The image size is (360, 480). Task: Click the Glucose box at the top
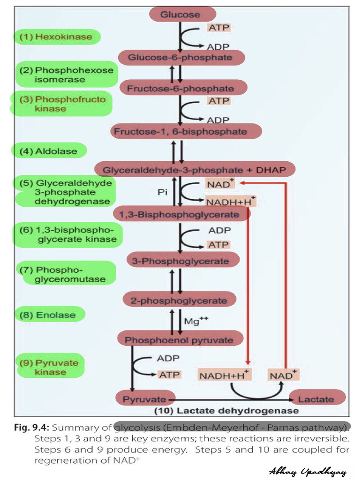[x=180, y=15]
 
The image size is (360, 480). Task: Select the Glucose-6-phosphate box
[x=180, y=58]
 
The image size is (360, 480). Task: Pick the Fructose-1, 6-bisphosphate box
[x=180, y=132]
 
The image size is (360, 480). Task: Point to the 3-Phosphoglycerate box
[x=183, y=261]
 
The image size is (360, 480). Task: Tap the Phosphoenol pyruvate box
[x=180, y=340]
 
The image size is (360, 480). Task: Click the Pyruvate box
[x=141, y=399]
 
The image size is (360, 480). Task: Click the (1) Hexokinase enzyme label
[x=56, y=37]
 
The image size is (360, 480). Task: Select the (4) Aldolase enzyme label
[x=49, y=151]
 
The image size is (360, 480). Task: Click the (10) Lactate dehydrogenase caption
[x=226, y=411]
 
